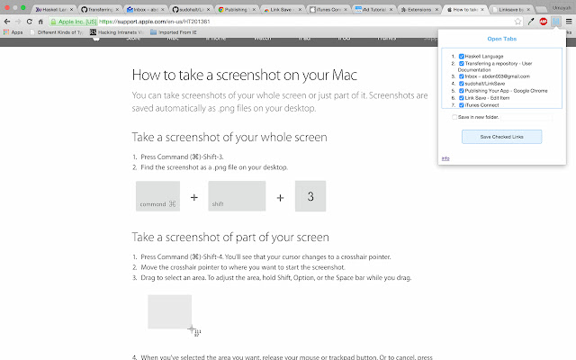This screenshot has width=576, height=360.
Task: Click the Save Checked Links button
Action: click(502, 137)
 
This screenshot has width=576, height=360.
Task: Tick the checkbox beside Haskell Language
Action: click(462, 56)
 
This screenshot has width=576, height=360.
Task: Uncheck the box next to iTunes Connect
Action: click(462, 105)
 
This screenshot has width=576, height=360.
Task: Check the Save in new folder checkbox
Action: click(454, 117)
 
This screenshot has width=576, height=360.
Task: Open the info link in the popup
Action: click(445, 158)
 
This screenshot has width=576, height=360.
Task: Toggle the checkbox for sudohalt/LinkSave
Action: click(462, 84)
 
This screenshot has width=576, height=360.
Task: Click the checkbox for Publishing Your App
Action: click(462, 91)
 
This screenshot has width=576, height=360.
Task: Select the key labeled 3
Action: click(310, 196)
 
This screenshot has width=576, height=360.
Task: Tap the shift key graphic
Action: click(237, 197)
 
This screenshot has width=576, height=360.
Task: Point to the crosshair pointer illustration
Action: click(191, 329)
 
